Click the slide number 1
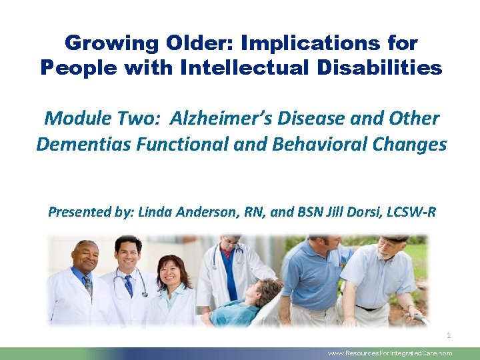pyautogui.click(x=449, y=335)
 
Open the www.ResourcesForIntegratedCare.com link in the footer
pyautogui.click(x=390, y=353)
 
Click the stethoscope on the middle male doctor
pyautogui.click(x=130, y=283)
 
